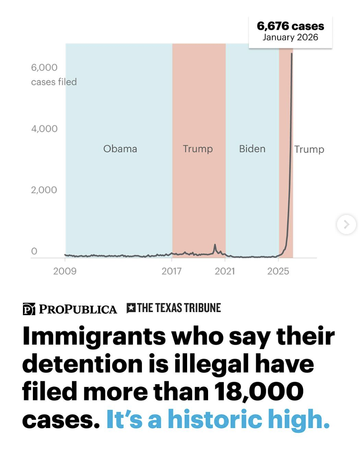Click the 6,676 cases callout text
[x=290, y=27]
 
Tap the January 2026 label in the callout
[x=290, y=38]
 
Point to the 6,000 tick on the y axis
[x=44, y=67]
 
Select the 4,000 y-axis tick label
[x=44, y=129]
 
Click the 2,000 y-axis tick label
[x=44, y=190]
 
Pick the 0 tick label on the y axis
[x=34, y=251]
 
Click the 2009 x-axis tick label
[x=65, y=271]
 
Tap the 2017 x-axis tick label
[x=172, y=271]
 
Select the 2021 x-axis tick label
[x=225, y=271]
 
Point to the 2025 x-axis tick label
[x=278, y=271]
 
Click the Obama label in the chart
[x=120, y=149]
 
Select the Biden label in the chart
[x=252, y=149]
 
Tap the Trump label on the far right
[x=309, y=149]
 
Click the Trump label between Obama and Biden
[x=198, y=149]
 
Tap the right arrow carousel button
[x=346, y=225]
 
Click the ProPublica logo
[x=70, y=309]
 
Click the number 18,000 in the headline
[x=259, y=391]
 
